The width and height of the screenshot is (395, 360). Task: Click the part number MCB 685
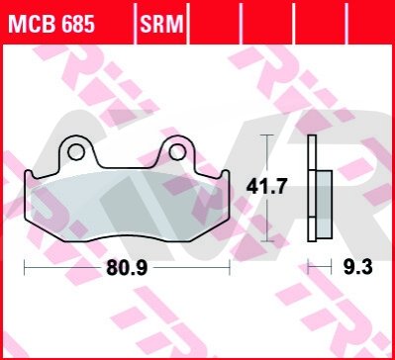pyautogui.click(x=51, y=25)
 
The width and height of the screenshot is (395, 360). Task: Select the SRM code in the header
pyautogui.click(x=161, y=25)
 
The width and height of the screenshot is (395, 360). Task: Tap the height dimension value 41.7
pyautogui.click(x=266, y=187)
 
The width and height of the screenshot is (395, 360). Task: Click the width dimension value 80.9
pyautogui.click(x=127, y=268)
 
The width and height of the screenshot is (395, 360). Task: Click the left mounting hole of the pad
pyautogui.click(x=76, y=152)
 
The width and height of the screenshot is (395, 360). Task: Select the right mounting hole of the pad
pyautogui.click(x=177, y=152)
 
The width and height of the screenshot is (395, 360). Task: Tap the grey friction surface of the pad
pyautogui.click(x=127, y=205)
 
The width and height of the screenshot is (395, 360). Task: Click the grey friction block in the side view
pyautogui.click(x=324, y=204)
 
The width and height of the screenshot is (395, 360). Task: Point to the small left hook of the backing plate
pyautogui.click(x=29, y=175)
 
